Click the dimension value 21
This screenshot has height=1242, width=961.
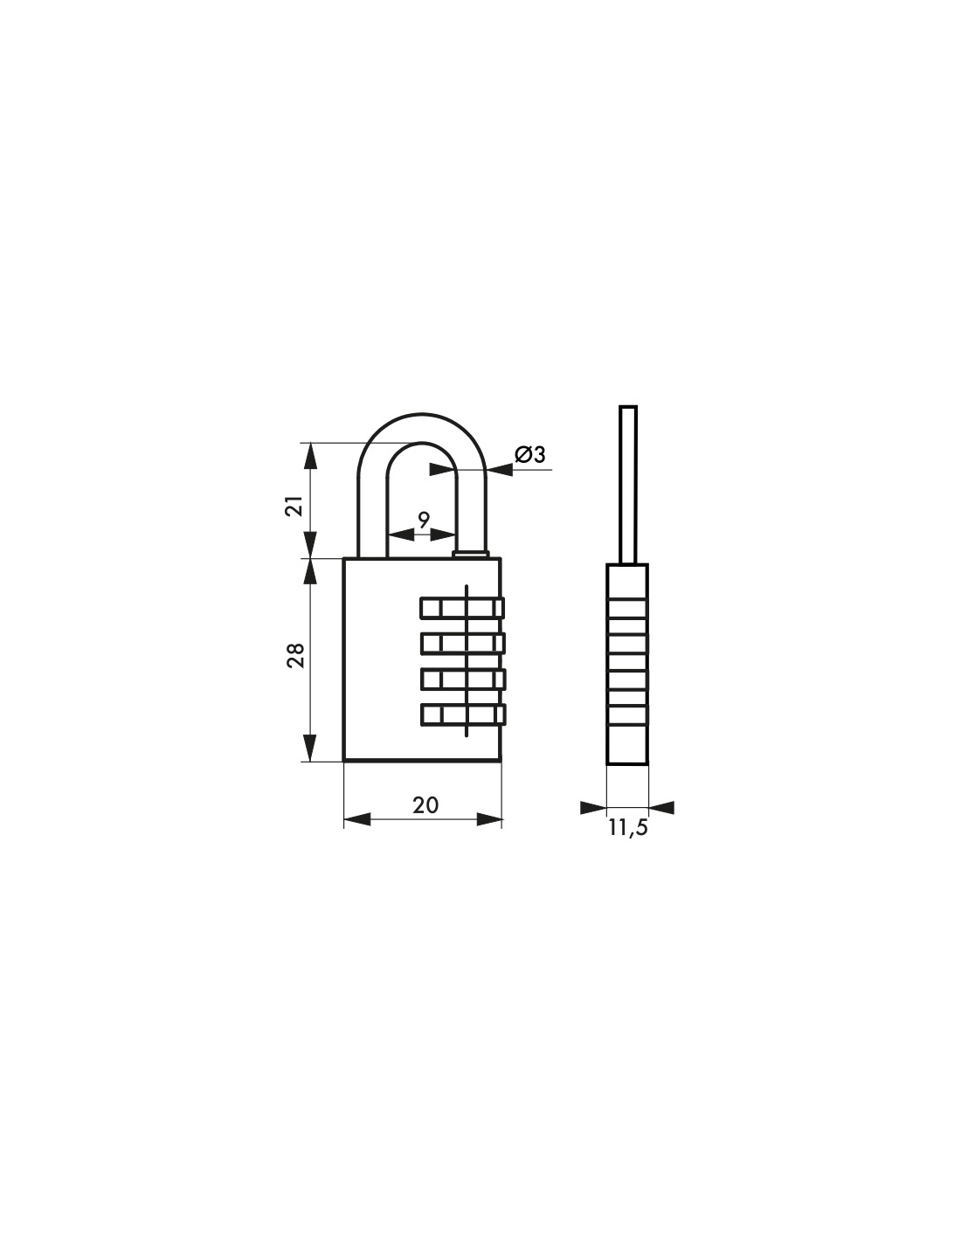pyautogui.click(x=294, y=506)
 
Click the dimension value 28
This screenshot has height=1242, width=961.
pyautogui.click(x=295, y=656)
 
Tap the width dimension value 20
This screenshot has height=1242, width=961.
pyautogui.click(x=425, y=805)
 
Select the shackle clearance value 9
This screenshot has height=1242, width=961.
pyautogui.click(x=423, y=521)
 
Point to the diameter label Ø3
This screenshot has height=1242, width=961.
pyautogui.click(x=530, y=454)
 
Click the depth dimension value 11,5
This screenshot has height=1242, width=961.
pyautogui.click(x=628, y=828)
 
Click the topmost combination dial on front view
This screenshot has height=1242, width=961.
pyautogui.click(x=462, y=608)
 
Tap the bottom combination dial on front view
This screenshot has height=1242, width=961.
pyautogui.click(x=462, y=715)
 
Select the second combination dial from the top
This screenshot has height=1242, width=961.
pyautogui.click(x=462, y=644)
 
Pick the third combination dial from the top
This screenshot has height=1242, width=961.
pyautogui.click(x=462, y=679)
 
